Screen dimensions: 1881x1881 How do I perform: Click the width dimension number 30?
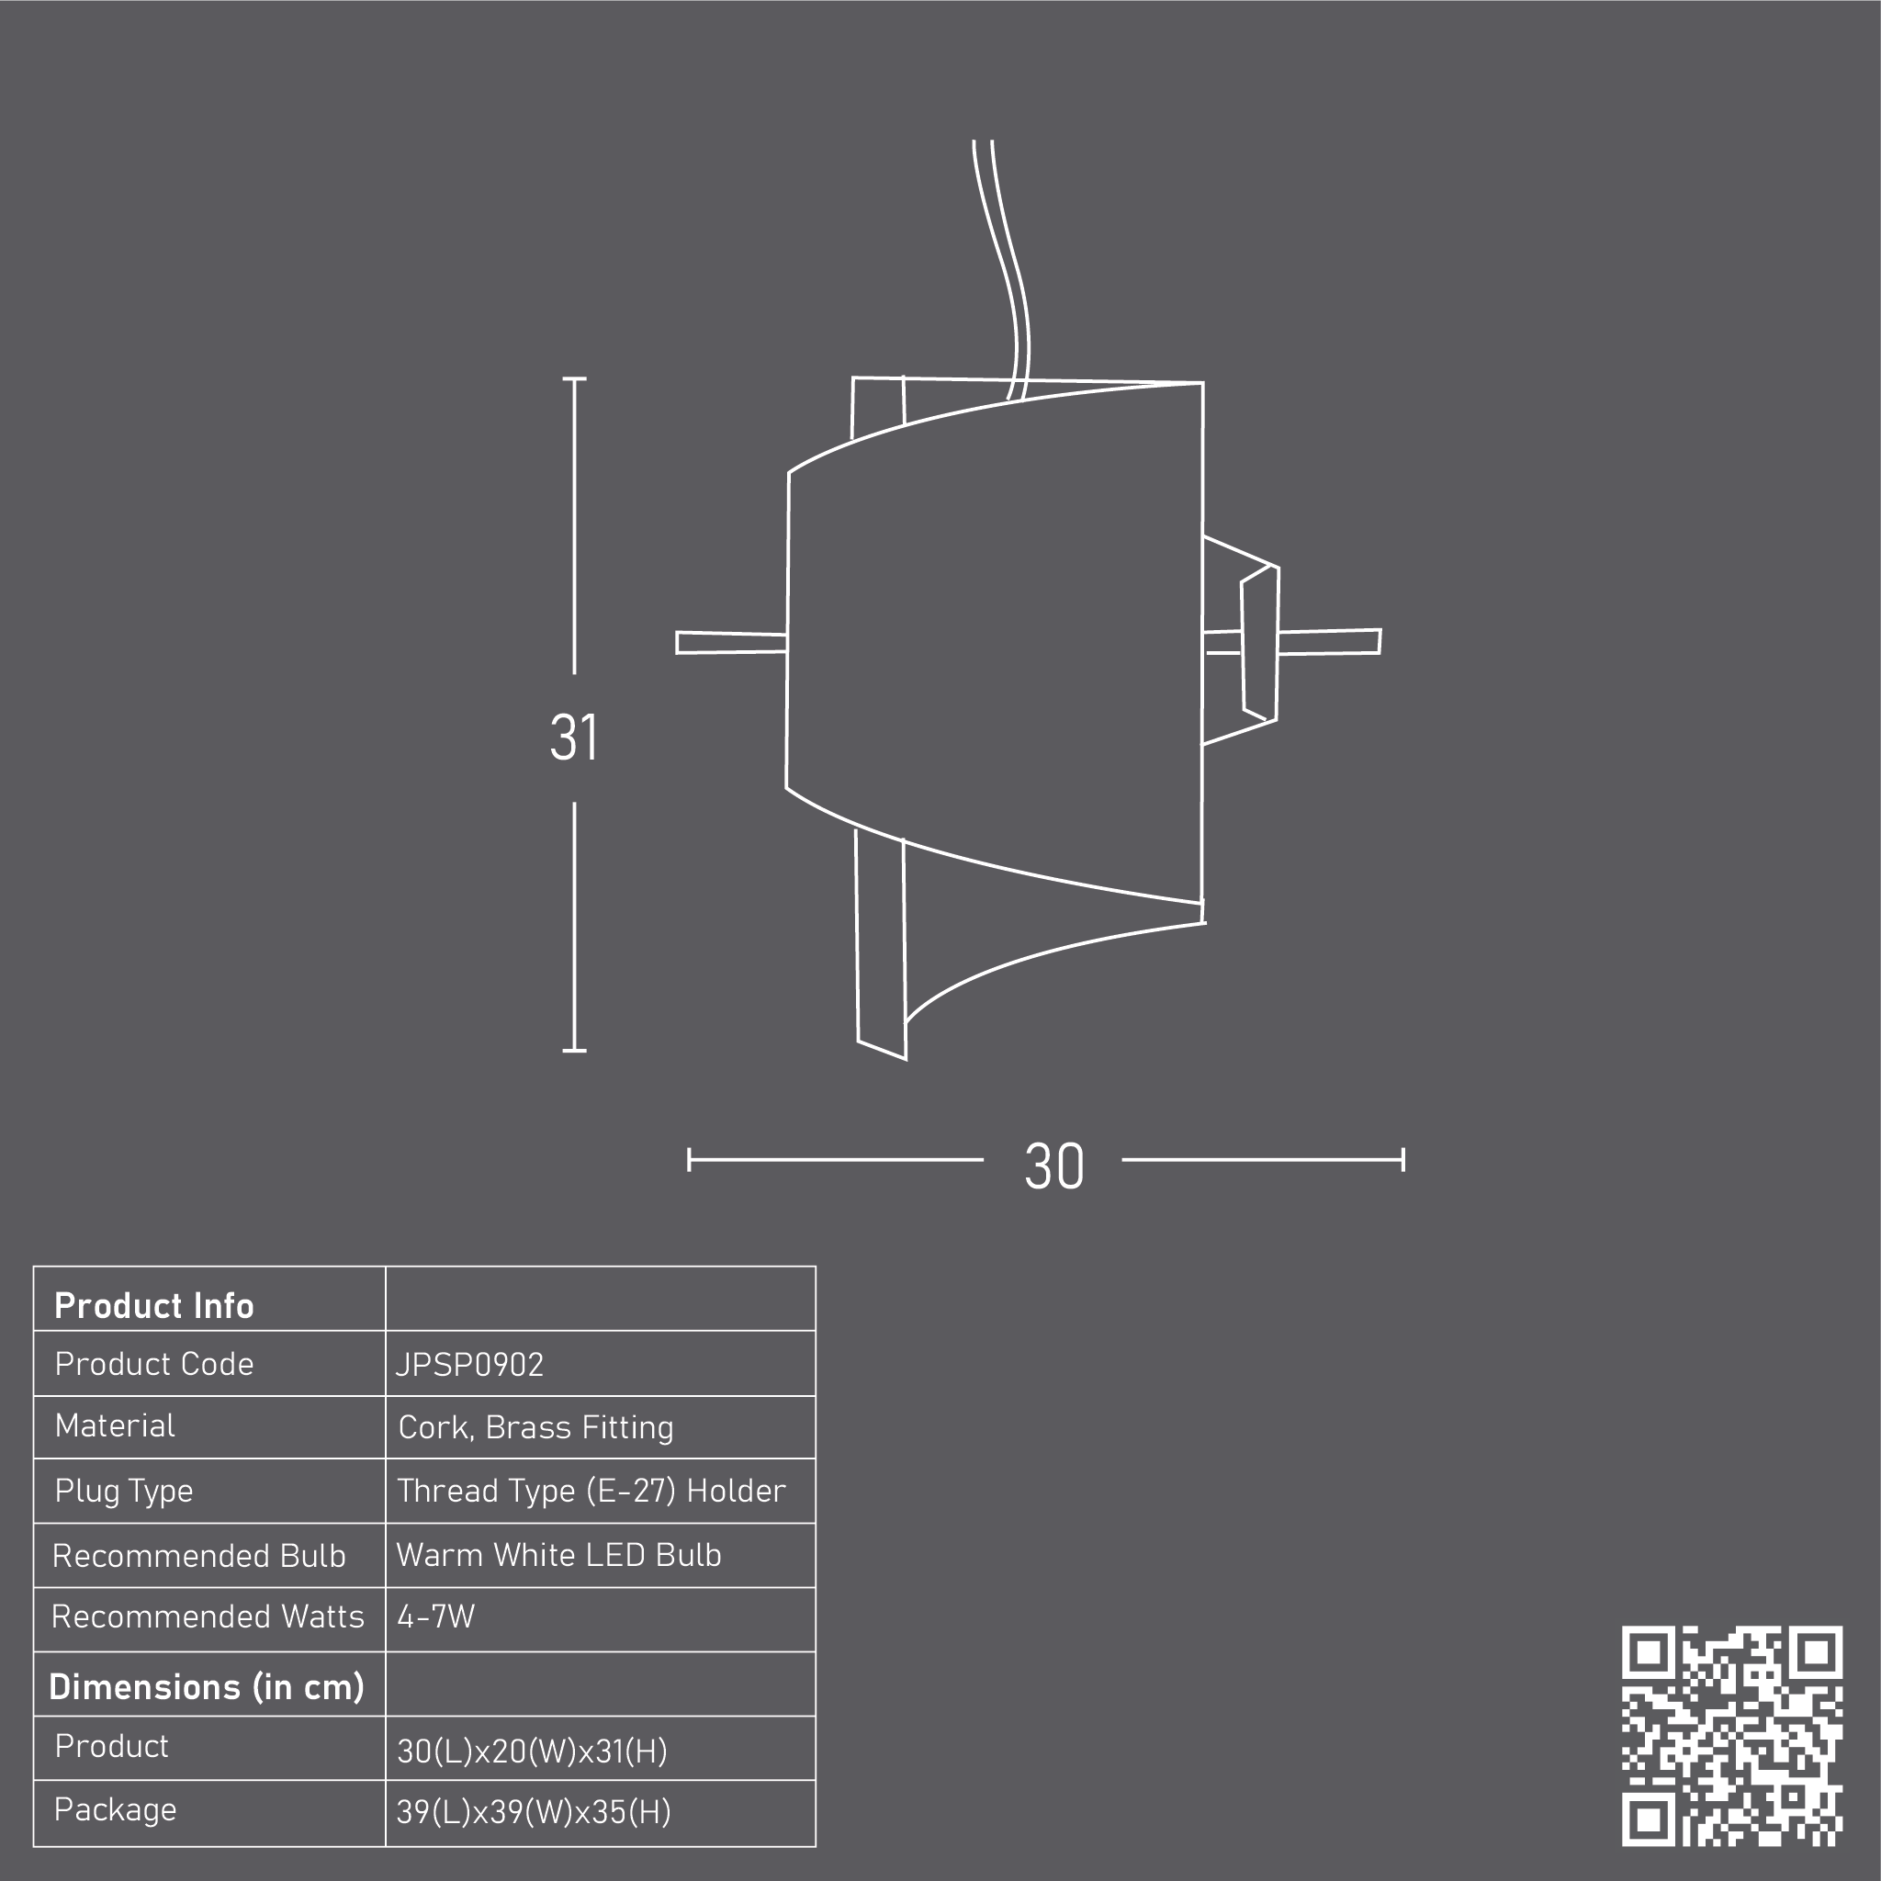click(x=1053, y=1166)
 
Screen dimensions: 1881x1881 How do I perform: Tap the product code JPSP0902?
click(x=469, y=1365)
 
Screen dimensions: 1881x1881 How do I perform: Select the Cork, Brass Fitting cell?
click(x=535, y=1427)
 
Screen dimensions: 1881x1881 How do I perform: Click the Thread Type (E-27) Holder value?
click(x=591, y=1491)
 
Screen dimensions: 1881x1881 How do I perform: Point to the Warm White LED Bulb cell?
click(x=558, y=1555)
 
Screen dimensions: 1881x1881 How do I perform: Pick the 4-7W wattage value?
click(x=436, y=1616)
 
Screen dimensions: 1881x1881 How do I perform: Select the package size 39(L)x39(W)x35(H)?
click(x=534, y=1812)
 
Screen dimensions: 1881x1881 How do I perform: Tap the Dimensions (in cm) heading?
click(x=207, y=1687)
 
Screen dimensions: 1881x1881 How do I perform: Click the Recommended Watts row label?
click(x=208, y=1616)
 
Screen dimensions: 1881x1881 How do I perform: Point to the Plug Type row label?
click(x=124, y=1492)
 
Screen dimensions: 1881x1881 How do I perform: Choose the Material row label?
click(x=115, y=1425)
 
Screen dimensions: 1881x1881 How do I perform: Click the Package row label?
click(x=115, y=1810)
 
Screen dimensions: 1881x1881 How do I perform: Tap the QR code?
click(x=1732, y=1736)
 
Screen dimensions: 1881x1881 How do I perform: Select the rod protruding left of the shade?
click(x=731, y=643)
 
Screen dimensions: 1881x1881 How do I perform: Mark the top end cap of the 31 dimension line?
click(x=574, y=377)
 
